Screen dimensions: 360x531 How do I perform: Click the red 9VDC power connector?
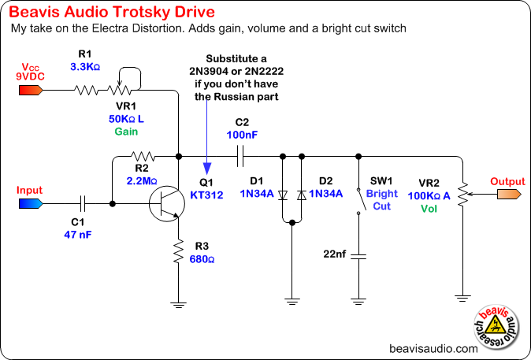(x=31, y=89)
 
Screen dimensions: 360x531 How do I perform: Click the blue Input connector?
(x=31, y=203)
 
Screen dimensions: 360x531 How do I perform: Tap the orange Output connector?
(x=507, y=194)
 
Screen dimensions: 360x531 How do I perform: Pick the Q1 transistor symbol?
(x=169, y=203)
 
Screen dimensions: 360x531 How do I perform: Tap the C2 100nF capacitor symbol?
(x=241, y=155)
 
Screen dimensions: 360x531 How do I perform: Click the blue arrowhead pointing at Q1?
(x=206, y=168)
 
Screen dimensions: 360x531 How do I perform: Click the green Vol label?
(x=429, y=209)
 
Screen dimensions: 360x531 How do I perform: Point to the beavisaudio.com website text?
(x=433, y=347)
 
